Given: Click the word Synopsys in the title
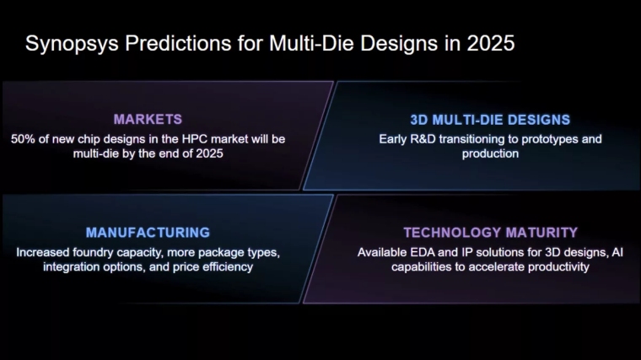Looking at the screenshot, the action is [72, 44].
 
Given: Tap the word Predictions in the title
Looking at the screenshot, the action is [178, 43].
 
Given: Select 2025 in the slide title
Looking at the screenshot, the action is [491, 43].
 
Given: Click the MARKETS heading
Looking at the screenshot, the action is [148, 120].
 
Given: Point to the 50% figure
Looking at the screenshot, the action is [23, 139].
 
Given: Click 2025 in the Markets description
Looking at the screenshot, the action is [209, 153].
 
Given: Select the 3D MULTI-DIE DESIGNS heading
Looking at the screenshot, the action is [490, 120].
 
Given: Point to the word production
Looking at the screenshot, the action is [490, 154].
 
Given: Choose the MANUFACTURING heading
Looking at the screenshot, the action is [148, 233].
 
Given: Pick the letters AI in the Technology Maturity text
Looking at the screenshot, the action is [617, 252].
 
